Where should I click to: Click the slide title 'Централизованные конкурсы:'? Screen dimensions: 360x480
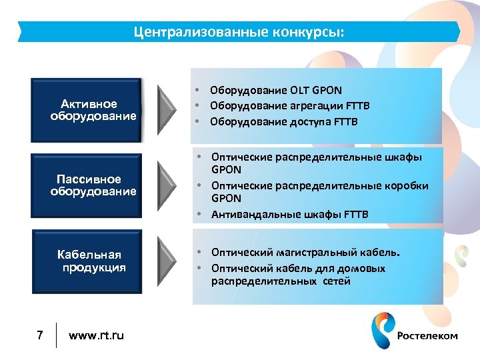point(239,31)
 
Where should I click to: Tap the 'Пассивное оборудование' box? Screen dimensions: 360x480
point(87,185)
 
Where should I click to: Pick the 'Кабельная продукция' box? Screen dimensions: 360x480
point(87,261)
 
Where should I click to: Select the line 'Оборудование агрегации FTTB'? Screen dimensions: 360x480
point(289,106)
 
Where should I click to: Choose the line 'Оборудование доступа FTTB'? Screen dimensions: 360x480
point(284,122)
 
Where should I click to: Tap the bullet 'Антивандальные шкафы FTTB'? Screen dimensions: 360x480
point(289,215)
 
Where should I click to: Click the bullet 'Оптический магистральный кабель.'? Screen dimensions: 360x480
point(306,253)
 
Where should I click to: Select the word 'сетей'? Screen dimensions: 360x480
point(337,282)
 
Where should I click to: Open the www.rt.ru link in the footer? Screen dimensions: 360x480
point(96,335)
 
